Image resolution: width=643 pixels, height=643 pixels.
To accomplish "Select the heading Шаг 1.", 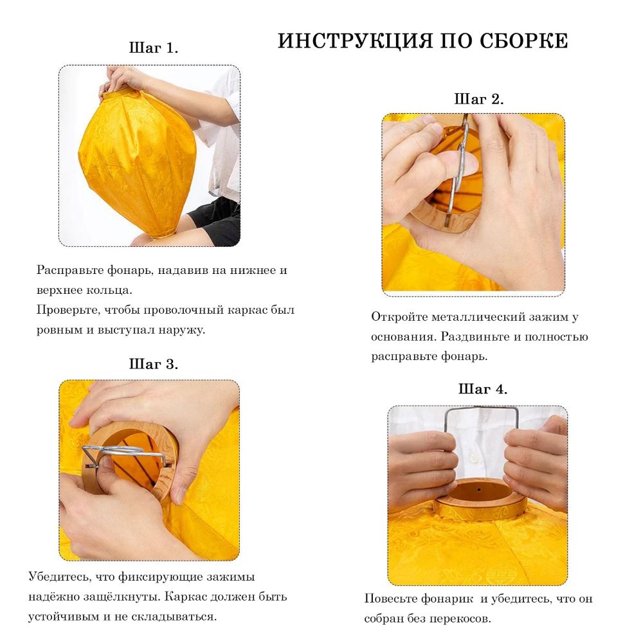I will click(154, 48).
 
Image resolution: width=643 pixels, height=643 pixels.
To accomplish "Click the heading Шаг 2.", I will click(478, 99).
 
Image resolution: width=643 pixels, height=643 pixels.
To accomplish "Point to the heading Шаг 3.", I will click(154, 364).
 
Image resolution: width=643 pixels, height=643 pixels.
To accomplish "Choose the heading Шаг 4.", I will click(482, 389).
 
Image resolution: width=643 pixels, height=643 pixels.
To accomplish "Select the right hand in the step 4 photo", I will click(537, 463).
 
